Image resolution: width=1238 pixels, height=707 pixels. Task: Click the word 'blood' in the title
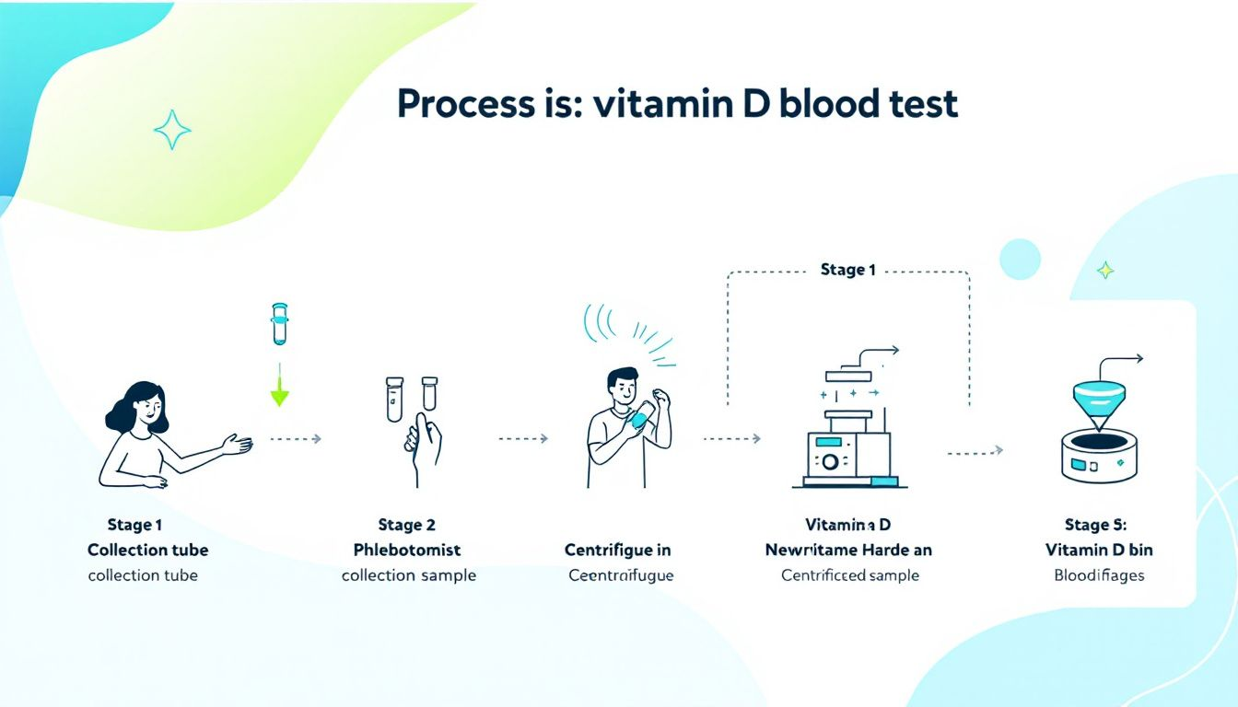pos(830,104)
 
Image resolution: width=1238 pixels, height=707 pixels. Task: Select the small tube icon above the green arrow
pos(279,324)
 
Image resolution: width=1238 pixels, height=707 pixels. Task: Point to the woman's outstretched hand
pos(239,445)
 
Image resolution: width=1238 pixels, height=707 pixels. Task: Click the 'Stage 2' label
pos(406,525)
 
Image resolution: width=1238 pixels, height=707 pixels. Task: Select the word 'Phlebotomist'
pos(407,550)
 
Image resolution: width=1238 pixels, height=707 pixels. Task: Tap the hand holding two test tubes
pos(421,438)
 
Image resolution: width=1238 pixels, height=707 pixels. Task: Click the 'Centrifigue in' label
pos(617,550)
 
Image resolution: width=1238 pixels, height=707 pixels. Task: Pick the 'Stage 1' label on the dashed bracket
pos(847,270)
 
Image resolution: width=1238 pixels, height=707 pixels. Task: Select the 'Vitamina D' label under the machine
pos(847,525)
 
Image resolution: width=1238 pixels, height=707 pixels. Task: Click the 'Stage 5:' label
pos(1095,525)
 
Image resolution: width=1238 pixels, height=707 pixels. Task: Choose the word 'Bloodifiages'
pos(1099,575)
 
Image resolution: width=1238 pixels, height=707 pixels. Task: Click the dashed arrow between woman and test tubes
pos(295,439)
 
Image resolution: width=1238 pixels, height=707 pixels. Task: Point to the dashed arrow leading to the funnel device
pos(975,451)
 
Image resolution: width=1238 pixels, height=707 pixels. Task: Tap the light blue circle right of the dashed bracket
pos(1019,259)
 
